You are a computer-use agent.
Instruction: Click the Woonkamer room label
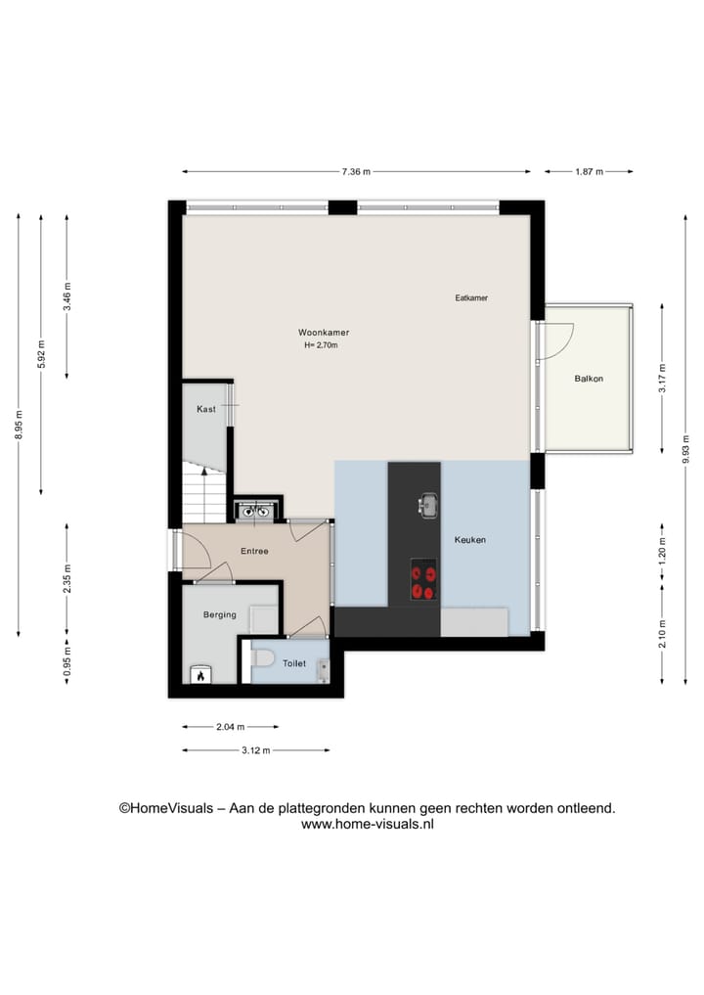click(324, 333)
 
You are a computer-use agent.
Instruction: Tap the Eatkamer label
click(471, 297)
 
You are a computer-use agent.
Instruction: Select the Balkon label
click(589, 378)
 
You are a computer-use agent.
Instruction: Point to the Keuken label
click(469, 540)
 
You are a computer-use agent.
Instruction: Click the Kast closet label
click(206, 409)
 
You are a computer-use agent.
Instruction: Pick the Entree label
click(254, 552)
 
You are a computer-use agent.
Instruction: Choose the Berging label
click(220, 614)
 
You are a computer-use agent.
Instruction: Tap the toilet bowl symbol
click(260, 663)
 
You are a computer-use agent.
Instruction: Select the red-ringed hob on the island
click(423, 580)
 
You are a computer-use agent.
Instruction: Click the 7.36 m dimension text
click(356, 171)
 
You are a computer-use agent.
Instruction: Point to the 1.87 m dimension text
click(589, 171)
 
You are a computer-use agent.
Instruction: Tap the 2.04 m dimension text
click(230, 727)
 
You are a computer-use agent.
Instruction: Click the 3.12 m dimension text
click(255, 750)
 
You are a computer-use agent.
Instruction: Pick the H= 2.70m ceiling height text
click(321, 345)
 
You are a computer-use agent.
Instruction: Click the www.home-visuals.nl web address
click(367, 825)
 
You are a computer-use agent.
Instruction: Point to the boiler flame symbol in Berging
click(200, 673)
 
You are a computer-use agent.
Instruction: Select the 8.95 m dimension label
click(19, 425)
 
